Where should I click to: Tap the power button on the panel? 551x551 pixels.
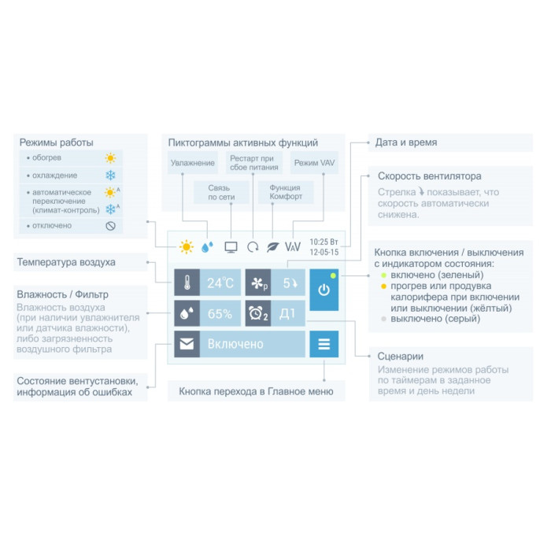(x=324, y=290)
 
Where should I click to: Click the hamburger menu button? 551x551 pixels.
(x=324, y=344)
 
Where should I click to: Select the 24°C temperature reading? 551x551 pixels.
(x=220, y=282)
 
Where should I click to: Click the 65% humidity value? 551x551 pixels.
(x=220, y=313)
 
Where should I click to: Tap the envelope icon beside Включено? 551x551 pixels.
(x=187, y=344)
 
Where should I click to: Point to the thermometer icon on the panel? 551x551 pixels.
(x=187, y=282)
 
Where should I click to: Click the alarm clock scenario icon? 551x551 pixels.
(x=258, y=313)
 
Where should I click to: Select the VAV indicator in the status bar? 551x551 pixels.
(x=293, y=246)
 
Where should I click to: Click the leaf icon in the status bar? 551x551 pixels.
(x=272, y=246)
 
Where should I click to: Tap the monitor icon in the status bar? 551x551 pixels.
(x=231, y=246)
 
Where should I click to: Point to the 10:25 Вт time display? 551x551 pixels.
(x=324, y=241)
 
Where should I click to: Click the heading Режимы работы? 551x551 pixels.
(x=57, y=142)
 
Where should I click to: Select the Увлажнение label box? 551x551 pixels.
(x=193, y=163)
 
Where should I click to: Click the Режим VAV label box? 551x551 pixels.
(x=313, y=163)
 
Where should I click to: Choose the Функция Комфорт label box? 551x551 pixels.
(x=285, y=193)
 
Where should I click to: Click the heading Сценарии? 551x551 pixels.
(x=401, y=356)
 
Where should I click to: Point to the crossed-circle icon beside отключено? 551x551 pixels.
(x=111, y=226)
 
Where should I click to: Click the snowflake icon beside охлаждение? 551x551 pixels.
(x=111, y=175)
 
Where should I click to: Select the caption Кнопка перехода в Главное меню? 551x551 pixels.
(x=256, y=391)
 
